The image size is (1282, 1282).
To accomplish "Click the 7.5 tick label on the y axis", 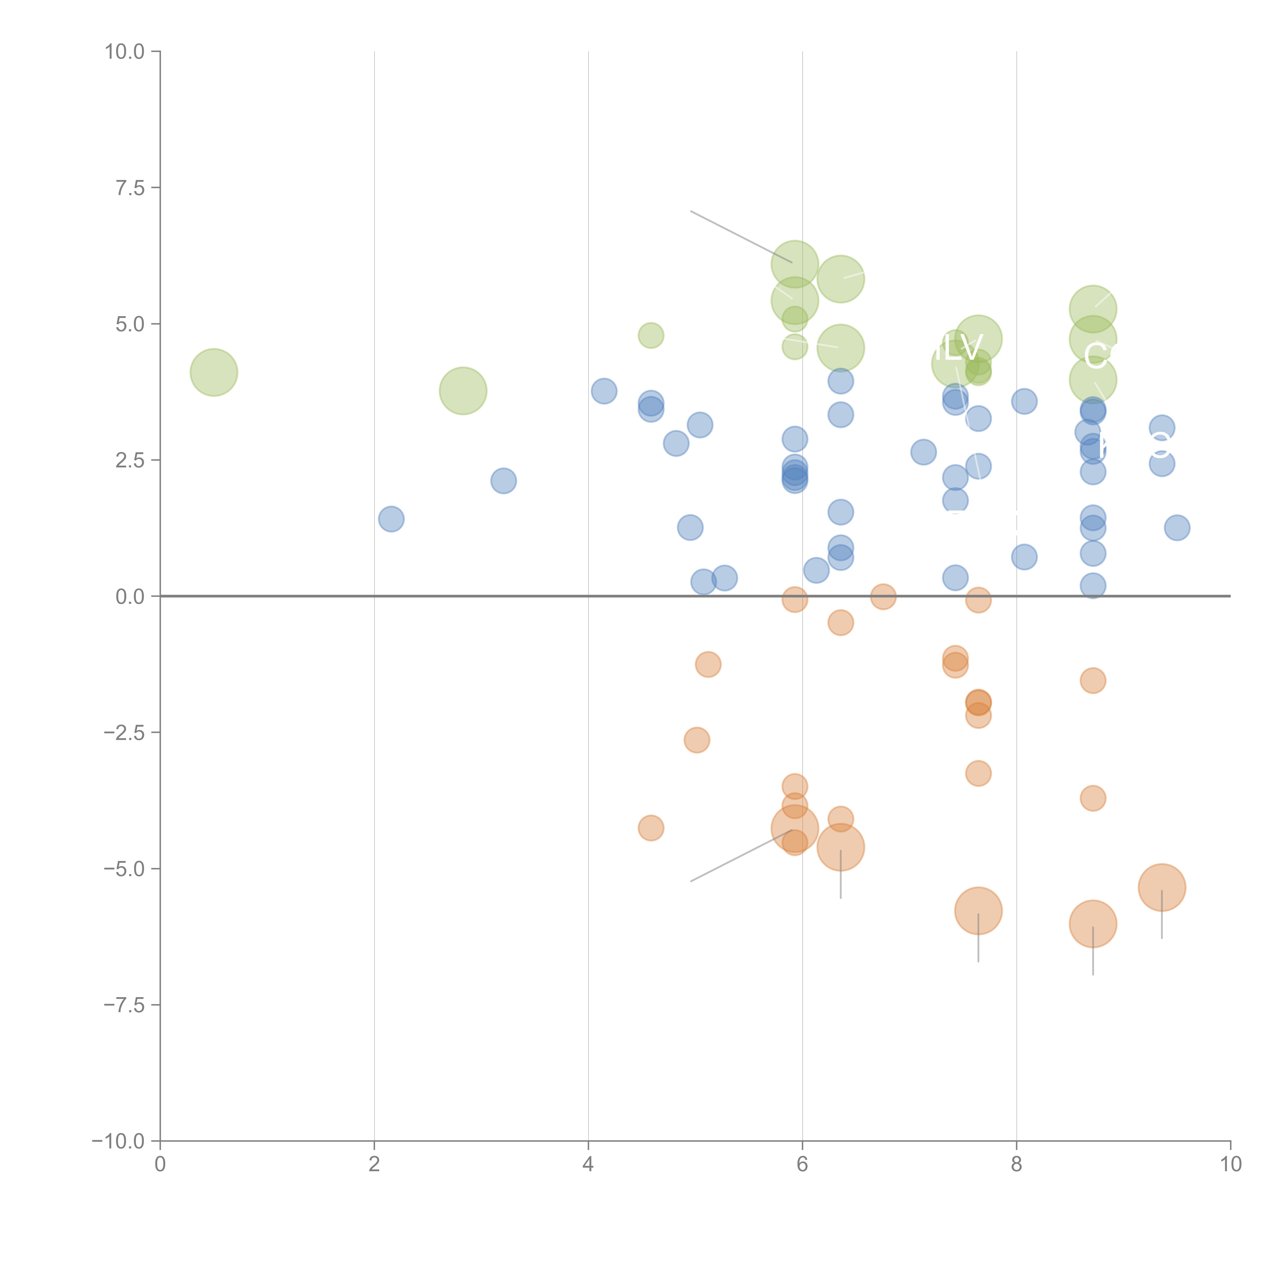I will pyautogui.click(x=129, y=188).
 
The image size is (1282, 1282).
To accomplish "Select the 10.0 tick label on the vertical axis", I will pyautogui.click(x=125, y=52).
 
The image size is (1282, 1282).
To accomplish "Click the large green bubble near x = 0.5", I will pyautogui.click(x=214, y=372).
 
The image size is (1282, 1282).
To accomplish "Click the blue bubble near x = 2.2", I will pyautogui.click(x=392, y=519).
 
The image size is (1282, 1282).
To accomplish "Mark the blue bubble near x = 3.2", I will pyautogui.click(x=504, y=480).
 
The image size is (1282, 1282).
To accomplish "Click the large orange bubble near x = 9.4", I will pyautogui.click(x=1162, y=887).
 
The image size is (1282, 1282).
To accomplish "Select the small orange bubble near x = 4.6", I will pyautogui.click(x=651, y=827).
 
